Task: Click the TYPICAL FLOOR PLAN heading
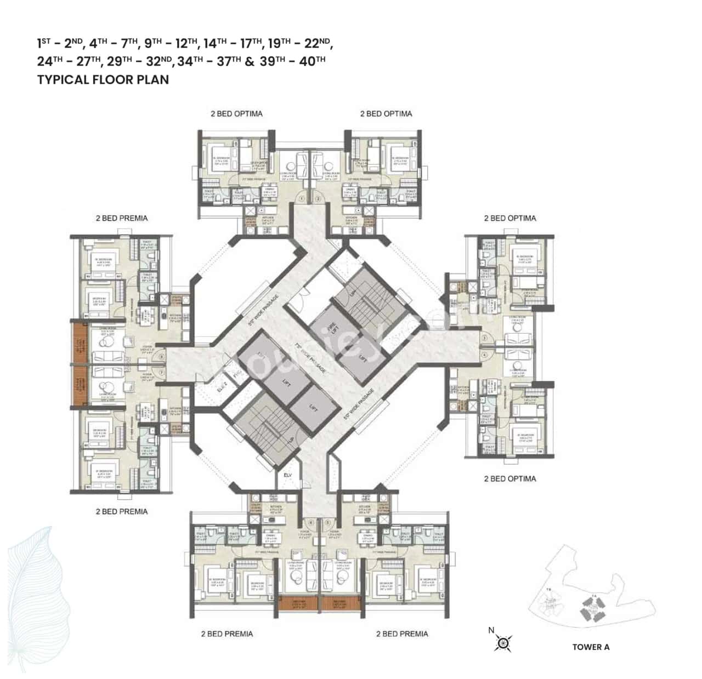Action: (x=103, y=79)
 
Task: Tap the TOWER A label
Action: (x=591, y=647)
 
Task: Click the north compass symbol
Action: (x=502, y=642)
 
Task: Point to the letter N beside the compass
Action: (x=491, y=630)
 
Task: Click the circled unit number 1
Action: (x=301, y=198)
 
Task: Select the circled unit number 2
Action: (x=318, y=198)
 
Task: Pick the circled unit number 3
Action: (x=485, y=339)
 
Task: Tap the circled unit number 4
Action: (x=485, y=355)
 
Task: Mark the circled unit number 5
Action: (x=327, y=522)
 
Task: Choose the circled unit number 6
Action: (x=311, y=522)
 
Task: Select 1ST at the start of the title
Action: (x=44, y=43)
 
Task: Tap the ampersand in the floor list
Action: (x=250, y=61)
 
